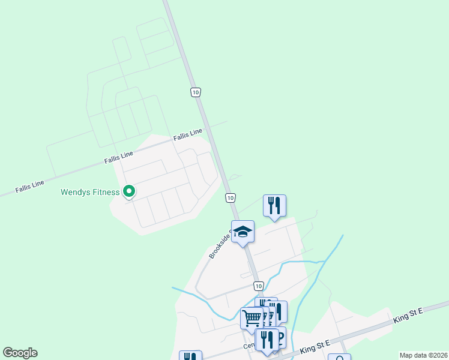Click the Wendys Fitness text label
point(90,193)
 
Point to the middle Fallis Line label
point(118,157)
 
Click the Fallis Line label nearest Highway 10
point(188,135)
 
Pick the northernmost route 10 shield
point(196,92)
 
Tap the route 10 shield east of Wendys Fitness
point(230,197)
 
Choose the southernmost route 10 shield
point(258,286)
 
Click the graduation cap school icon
point(243,232)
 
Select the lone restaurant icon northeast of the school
point(274,205)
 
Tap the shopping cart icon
point(252,317)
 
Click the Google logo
point(20,353)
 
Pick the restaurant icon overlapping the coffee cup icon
point(267,340)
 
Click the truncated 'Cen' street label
point(249,346)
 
